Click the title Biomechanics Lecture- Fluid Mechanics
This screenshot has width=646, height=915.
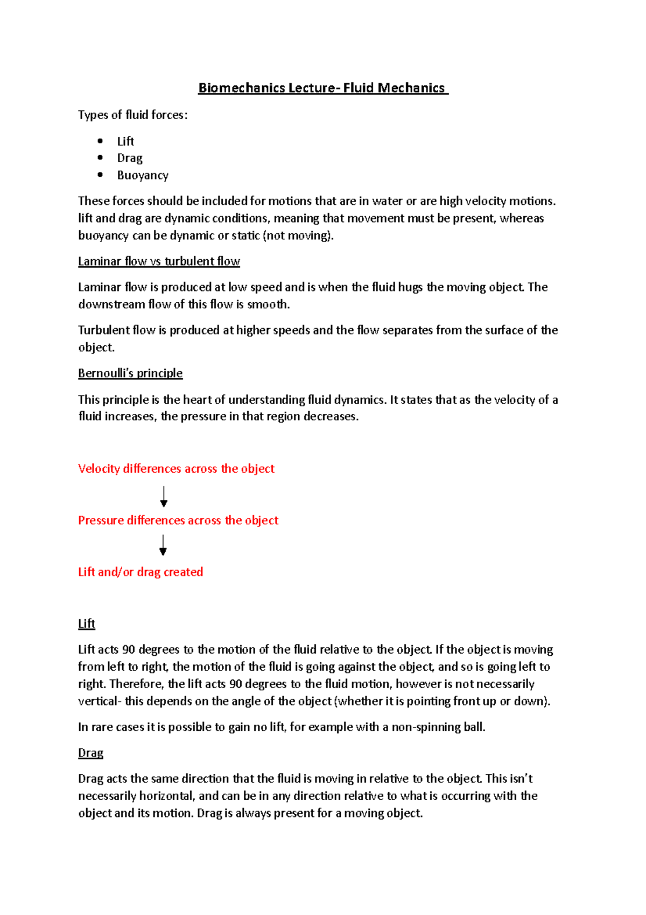click(322, 88)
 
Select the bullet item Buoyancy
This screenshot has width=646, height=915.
click(143, 175)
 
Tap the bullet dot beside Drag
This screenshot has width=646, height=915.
click(100, 157)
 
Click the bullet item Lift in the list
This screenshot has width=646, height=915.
click(125, 141)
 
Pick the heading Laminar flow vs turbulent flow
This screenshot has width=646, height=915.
click(159, 261)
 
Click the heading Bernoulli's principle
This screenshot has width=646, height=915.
click(130, 373)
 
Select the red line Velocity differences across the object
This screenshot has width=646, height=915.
click(176, 469)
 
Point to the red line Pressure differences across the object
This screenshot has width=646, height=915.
click(178, 521)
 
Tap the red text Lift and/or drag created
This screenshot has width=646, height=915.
click(141, 572)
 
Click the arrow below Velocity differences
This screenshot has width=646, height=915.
click(164, 496)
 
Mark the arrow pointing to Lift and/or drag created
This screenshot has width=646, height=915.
click(163, 545)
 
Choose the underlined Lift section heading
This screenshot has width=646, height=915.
click(86, 624)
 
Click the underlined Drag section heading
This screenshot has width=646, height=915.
click(90, 753)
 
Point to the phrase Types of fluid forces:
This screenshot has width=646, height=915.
click(133, 115)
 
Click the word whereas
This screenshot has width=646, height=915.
click(522, 218)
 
